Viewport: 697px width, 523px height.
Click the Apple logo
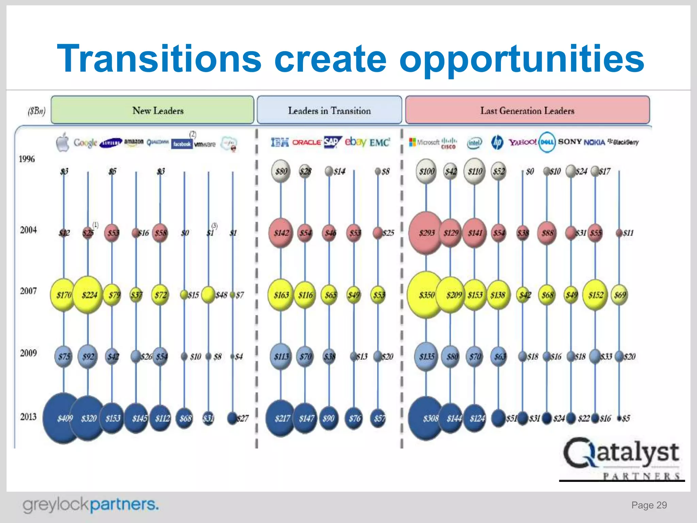63,142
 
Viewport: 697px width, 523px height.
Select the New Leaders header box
152,110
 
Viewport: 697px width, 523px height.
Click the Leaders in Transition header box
329,110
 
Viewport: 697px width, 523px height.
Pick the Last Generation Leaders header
527,110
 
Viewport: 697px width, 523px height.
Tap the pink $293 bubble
426,233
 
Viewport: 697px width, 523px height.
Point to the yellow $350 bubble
426,295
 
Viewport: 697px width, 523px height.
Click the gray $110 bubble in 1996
474,171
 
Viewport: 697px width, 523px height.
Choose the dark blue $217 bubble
281,418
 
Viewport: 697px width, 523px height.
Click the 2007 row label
28,291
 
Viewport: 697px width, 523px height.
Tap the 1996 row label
27,159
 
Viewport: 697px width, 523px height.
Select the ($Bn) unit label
36,111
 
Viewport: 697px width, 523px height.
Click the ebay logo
355,142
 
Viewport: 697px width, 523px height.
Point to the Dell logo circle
547,142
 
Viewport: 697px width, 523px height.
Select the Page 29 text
649,505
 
